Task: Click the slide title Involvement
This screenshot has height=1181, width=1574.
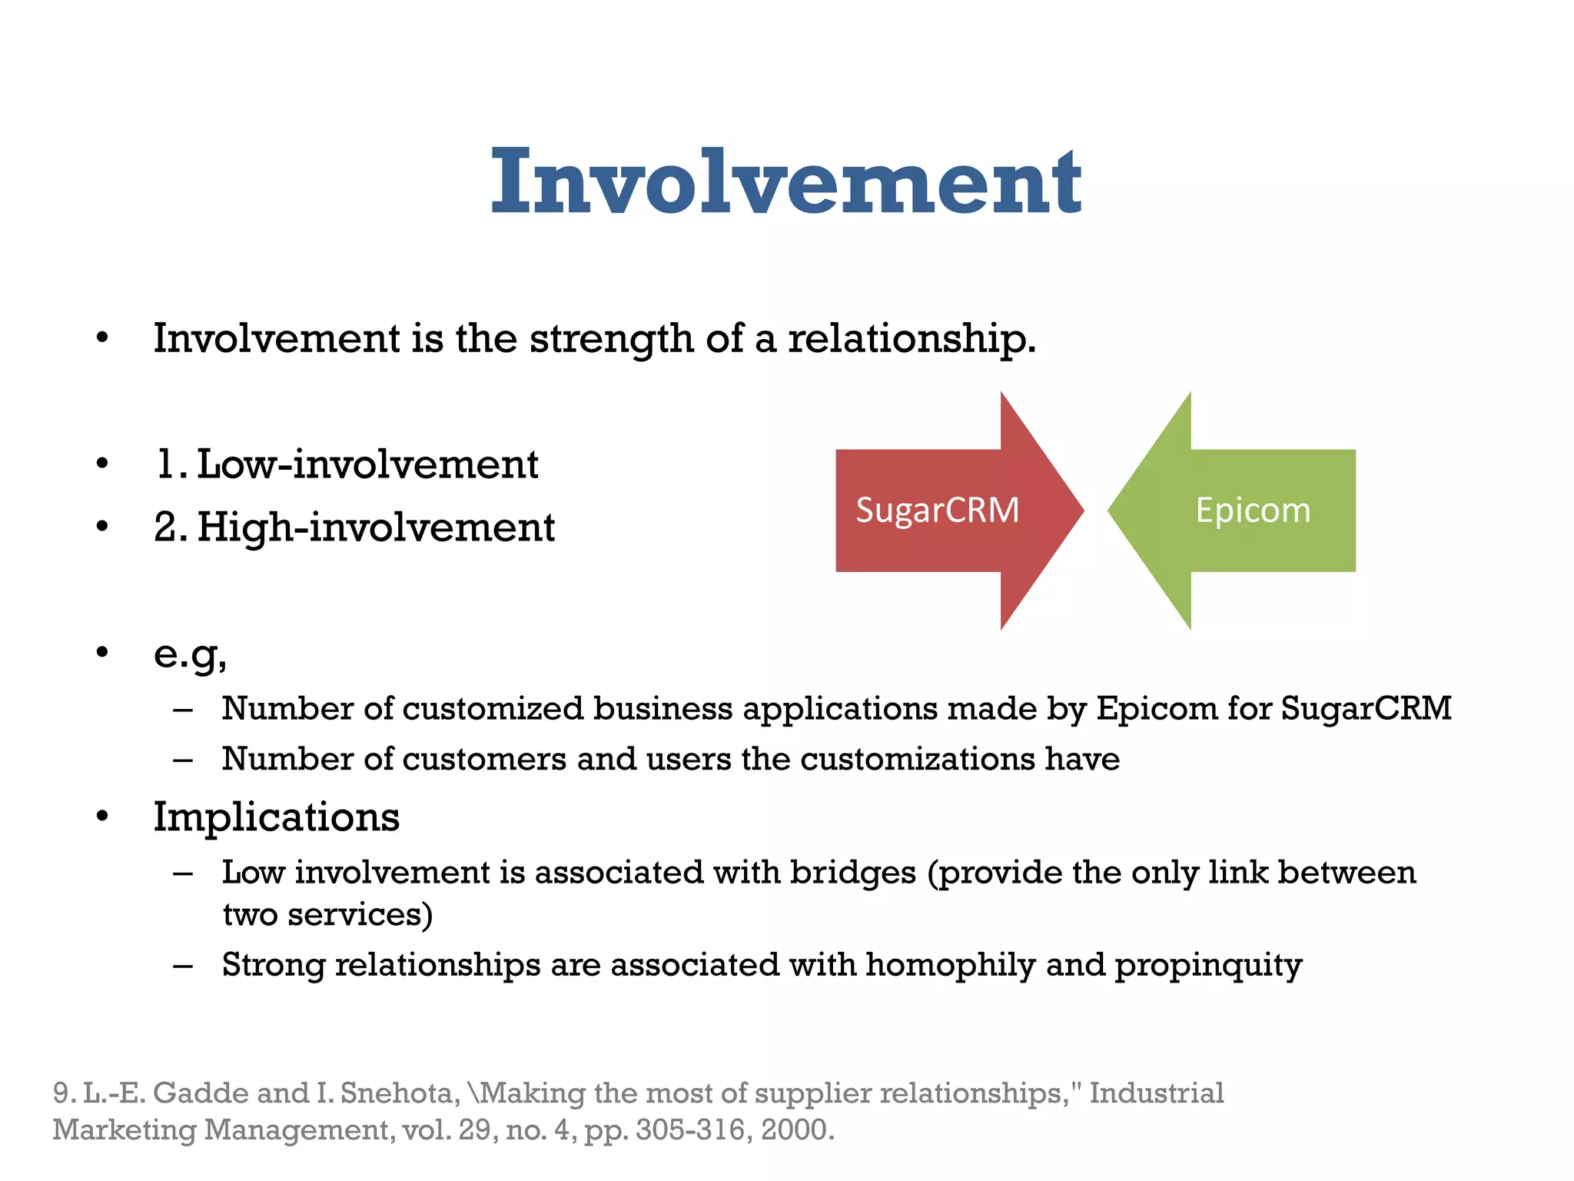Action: (785, 182)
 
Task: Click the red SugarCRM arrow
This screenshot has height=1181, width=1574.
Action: (938, 511)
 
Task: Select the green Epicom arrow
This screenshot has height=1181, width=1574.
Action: (1253, 511)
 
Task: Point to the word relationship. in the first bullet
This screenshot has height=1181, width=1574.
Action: (912, 338)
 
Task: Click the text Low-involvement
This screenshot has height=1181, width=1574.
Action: (367, 464)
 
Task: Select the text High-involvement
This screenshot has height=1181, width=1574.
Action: (376, 527)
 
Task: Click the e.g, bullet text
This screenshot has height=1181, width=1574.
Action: (190, 655)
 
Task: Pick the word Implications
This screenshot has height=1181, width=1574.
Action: (276, 817)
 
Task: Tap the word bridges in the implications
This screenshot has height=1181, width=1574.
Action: (853, 873)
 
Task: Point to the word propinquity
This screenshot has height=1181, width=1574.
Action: (1208, 965)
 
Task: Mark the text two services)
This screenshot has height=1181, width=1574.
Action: (327, 915)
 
